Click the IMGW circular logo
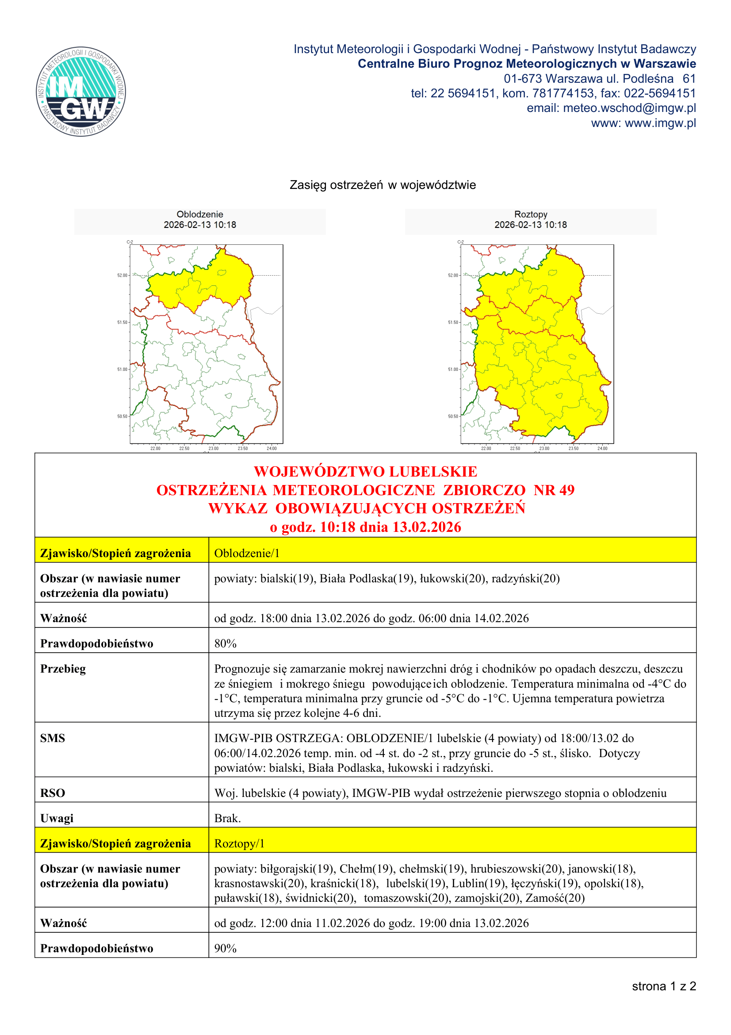click(x=81, y=92)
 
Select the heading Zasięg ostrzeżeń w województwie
click(x=383, y=185)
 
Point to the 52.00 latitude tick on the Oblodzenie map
click(x=122, y=275)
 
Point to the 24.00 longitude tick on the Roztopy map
click(x=602, y=449)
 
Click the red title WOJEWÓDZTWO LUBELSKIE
click(x=365, y=472)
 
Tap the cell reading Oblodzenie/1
click(x=247, y=553)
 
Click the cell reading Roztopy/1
click(x=239, y=843)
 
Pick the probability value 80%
click(x=225, y=643)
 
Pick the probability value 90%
click(x=225, y=948)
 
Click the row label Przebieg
click(x=63, y=669)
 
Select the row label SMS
click(x=52, y=738)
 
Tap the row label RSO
click(x=52, y=793)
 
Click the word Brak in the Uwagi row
click(x=227, y=818)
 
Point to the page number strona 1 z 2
click(x=664, y=986)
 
